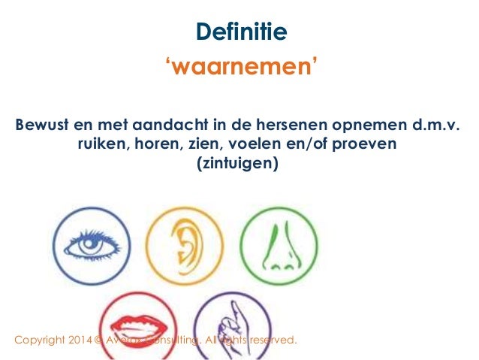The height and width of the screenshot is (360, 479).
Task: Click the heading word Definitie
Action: point(240,32)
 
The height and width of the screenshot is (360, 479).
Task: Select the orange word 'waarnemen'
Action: point(240,69)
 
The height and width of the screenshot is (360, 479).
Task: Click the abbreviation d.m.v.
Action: point(433,124)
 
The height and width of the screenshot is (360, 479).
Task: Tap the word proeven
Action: point(370,143)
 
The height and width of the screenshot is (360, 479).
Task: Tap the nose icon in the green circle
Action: point(279,246)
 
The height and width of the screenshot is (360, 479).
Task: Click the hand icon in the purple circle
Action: point(230,327)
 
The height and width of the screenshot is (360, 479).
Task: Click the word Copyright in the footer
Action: point(42,341)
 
